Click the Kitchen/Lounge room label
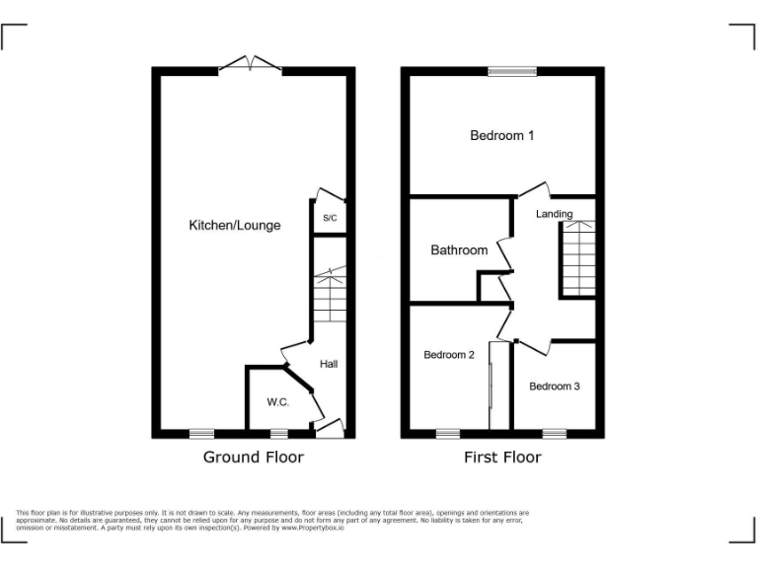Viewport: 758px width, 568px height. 235,225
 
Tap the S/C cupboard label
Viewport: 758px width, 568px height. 330,218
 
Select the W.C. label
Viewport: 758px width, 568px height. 277,402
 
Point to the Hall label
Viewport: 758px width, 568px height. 329,364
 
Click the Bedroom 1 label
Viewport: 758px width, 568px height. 501,135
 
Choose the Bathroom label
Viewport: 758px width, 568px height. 459,249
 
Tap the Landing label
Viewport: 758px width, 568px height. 554,214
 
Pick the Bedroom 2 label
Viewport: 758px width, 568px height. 449,355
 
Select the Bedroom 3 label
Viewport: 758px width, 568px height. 554,386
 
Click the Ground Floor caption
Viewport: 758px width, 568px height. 254,457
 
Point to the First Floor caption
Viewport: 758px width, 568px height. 502,457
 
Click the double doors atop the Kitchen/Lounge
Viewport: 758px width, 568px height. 250,66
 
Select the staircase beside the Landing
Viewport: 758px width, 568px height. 578,258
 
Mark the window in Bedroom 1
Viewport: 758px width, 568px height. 512,71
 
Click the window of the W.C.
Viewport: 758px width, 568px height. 279,433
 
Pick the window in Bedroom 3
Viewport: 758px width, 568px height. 554,433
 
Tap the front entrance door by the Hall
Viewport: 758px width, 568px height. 331,428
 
